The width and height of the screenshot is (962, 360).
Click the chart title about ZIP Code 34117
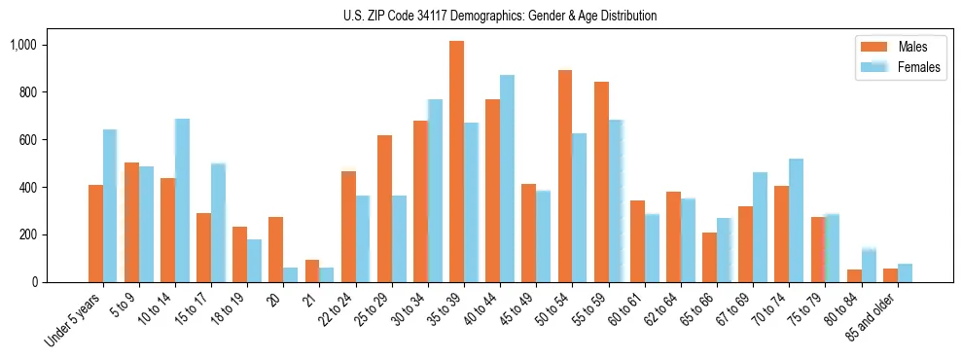tap(500, 16)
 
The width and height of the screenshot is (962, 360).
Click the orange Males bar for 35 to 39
tap(456, 162)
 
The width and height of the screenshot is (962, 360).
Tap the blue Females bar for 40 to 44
tap(507, 178)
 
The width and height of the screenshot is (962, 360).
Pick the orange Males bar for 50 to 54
tap(564, 176)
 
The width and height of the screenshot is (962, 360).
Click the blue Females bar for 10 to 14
tap(182, 200)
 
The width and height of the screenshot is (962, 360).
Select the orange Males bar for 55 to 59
tap(601, 182)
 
